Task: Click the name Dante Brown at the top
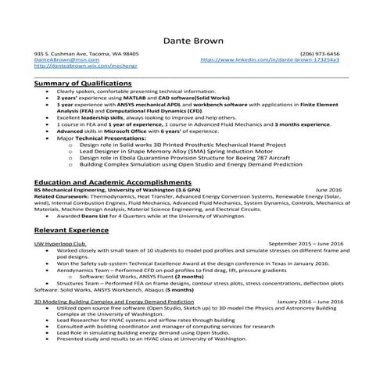[193, 40]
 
